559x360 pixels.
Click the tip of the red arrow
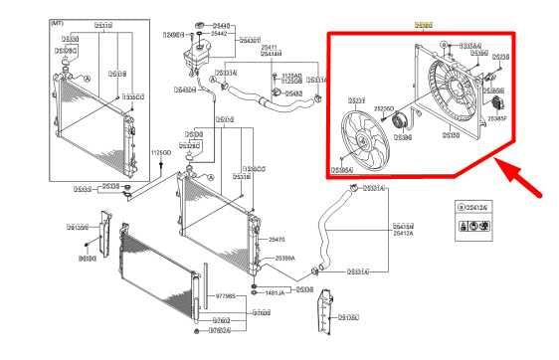click(499, 166)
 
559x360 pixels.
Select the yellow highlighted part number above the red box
click(424, 22)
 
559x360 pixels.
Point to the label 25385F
click(496, 117)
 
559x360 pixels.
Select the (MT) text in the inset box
click(58, 20)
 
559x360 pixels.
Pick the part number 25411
click(269, 47)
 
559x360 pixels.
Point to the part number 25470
click(277, 240)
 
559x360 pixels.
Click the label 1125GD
click(160, 152)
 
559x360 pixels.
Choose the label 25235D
click(384, 108)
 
